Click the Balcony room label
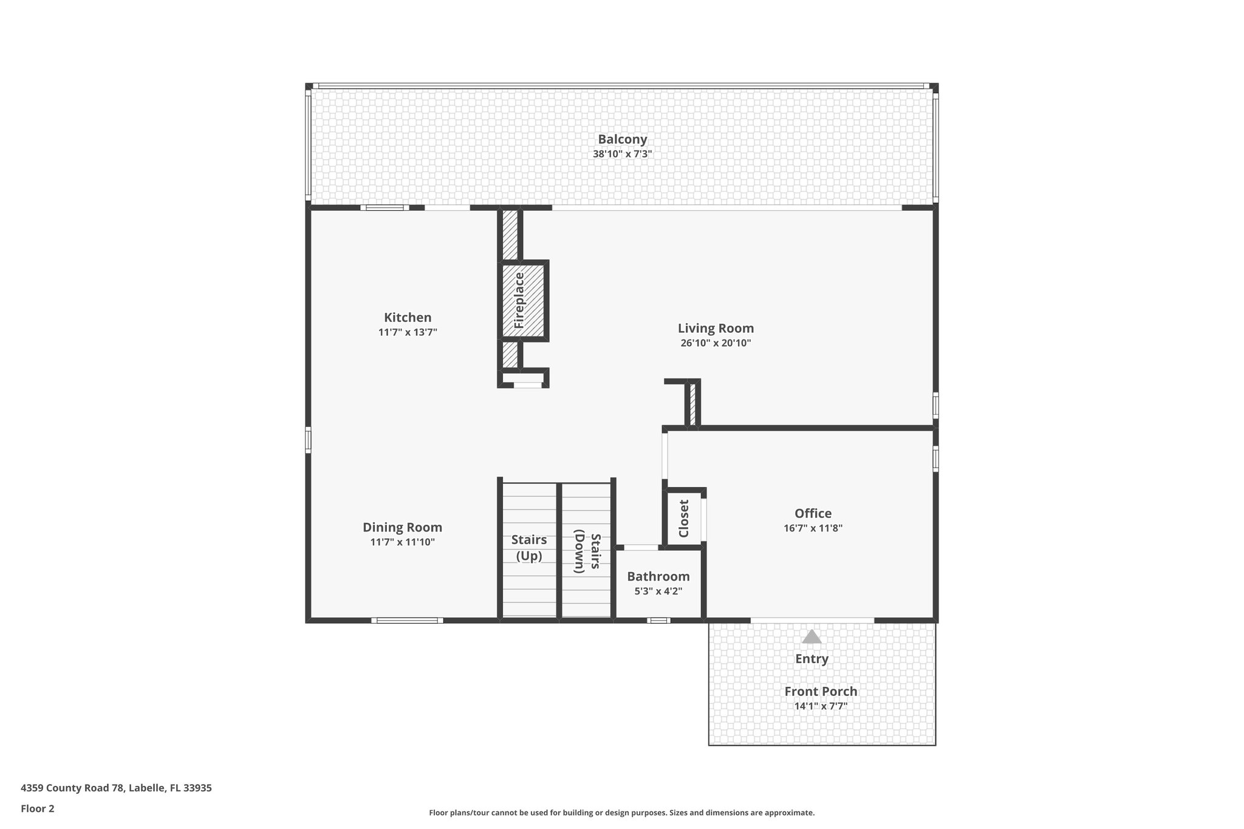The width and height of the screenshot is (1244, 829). click(622, 140)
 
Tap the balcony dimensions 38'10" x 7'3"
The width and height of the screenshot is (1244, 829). click(622, 154)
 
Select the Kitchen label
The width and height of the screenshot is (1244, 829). click(408, 318)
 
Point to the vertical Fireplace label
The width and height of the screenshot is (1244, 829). click(519, 301)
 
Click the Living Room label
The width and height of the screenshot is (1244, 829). click(716, 329)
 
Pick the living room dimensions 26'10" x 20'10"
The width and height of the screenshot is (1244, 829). click(716, 343)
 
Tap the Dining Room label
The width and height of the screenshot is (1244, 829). click(402, 528)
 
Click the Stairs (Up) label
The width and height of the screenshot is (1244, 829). click(529, 548)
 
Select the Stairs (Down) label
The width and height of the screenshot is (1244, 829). click(587, 551)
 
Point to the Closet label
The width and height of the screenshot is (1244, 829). click(684, 519)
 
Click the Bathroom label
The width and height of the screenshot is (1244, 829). click(658, 576)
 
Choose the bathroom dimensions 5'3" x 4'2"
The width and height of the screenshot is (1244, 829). click(658, 591)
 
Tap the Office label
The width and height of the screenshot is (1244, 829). click(813, 514)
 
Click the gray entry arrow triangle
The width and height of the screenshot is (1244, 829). click(812, 636)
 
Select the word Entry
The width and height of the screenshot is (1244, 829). click(812, 659)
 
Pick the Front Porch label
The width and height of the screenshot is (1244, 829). click(821, 692)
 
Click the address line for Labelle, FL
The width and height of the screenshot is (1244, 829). click(116, 788)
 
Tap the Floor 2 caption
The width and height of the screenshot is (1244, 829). click(38, 809)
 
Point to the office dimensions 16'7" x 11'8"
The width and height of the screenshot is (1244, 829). click(813, 528)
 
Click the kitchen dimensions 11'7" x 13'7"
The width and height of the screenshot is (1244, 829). click(408, 332)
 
